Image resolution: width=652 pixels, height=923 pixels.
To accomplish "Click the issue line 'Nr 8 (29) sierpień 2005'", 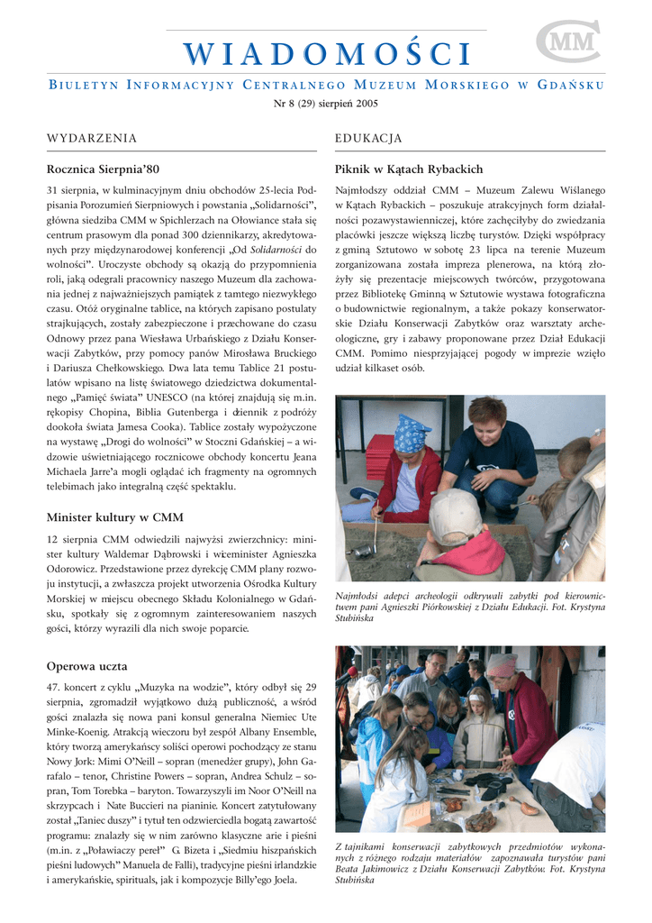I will tap(326, 104).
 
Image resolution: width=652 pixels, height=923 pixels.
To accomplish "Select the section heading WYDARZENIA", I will tap(92, 138).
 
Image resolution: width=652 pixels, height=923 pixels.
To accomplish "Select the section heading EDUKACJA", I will tap(368, 138).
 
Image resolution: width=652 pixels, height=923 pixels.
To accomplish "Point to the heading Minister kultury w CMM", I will tap(114, 517).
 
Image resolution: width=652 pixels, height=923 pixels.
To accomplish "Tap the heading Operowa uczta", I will tap(86, 666).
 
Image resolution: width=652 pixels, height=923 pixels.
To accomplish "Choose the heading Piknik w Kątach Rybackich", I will tap(409, 169).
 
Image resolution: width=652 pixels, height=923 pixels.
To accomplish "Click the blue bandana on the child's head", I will tap(412, 434).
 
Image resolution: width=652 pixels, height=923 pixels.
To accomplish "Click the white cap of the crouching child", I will tap(455, 514).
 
